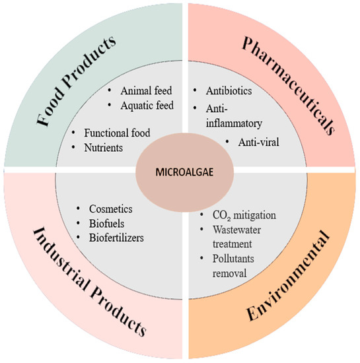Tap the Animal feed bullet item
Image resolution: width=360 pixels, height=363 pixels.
click(144, 92)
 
